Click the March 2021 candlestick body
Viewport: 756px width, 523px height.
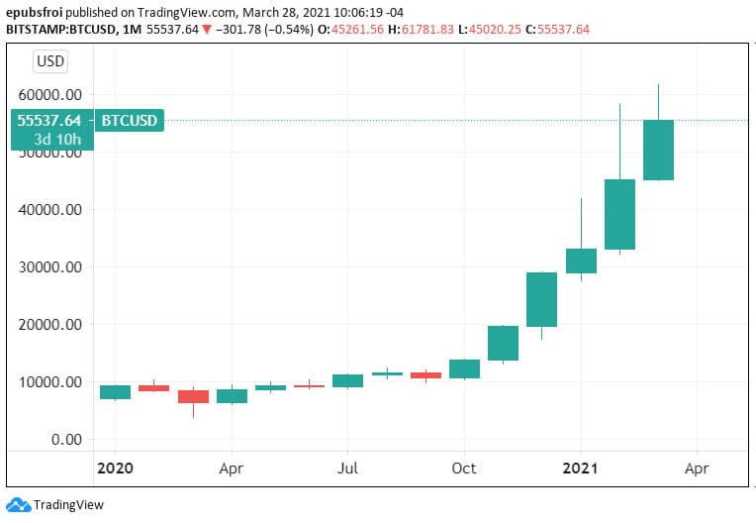[658, 150]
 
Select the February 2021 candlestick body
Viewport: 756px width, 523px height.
[619, 214]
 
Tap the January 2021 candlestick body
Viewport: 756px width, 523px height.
[581, 261]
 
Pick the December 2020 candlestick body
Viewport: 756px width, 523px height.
[541, 299]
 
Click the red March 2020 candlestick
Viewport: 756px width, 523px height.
[193, 396]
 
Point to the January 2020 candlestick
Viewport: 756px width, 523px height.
[116, 392]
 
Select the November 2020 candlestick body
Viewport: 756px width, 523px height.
[503, 343]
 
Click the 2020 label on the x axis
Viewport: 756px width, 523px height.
[116, 468]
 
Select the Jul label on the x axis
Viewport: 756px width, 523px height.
[347, 468]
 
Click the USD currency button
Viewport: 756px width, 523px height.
[50, 61]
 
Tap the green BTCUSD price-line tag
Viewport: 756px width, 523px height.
[130, 121]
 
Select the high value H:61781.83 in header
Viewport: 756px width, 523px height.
[416, 30]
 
